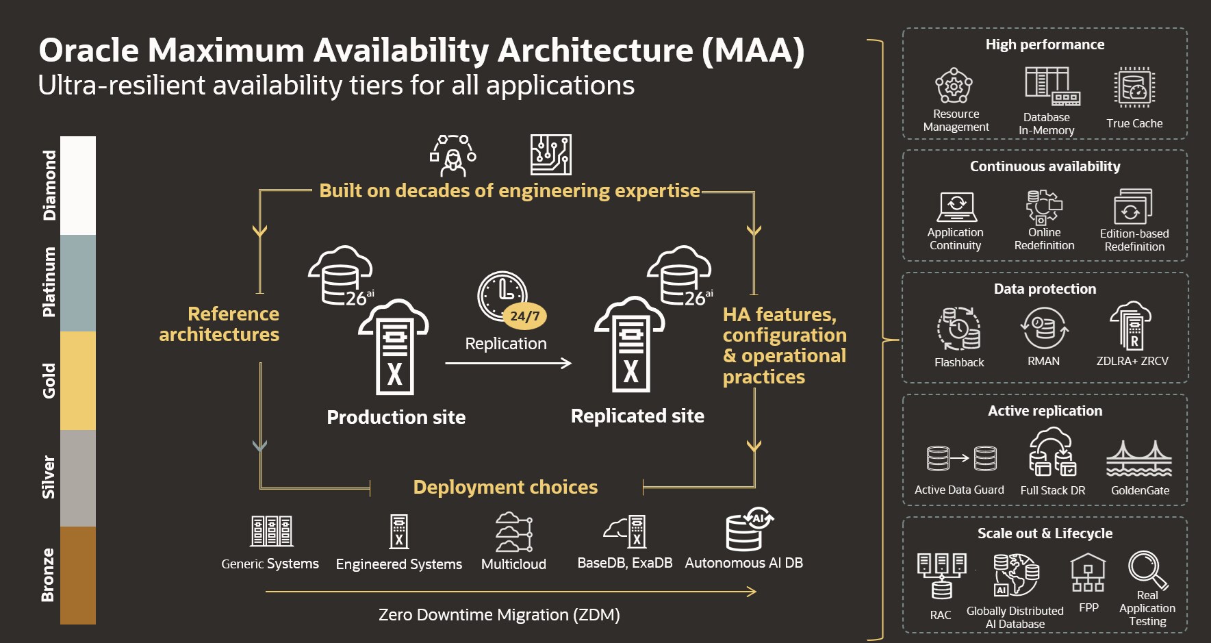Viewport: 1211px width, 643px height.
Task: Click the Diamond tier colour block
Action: [78, 185]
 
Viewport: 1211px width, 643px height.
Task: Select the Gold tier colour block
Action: [78, 381]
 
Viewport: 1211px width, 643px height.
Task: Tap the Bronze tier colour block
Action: [78, 575]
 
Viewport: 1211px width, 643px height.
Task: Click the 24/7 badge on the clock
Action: [525, 316]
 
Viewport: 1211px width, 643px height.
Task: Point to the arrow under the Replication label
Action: [507, 363]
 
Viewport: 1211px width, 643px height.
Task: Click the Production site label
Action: [396, 417]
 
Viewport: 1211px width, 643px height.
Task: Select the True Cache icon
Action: [1134, 88]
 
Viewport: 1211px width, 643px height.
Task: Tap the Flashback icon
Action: [958, 329]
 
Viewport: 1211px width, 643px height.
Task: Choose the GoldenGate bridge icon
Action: [1139, 459]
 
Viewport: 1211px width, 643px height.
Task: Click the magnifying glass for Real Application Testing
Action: [1147, 570]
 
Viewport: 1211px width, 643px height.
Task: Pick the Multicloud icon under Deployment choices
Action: [513, 531]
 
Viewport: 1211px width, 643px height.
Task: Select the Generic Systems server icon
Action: [271, 531]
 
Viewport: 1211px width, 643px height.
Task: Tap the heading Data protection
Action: [1045, 289]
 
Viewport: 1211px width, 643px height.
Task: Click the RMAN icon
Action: [1044, 328]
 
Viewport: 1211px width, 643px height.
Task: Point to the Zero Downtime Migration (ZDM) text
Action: [499, 615]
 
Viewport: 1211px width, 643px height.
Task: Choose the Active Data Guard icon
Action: [961, 459]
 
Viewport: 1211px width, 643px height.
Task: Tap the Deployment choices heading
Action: [505, 487]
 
